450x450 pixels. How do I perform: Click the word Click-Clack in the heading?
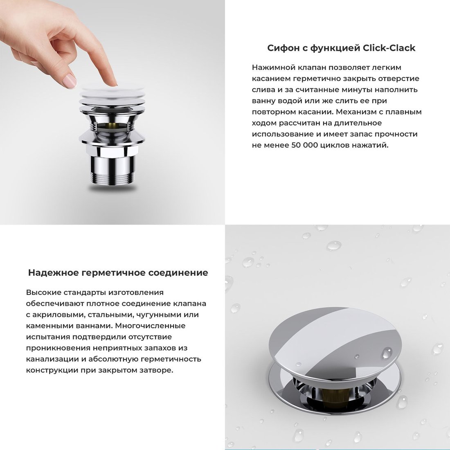389,48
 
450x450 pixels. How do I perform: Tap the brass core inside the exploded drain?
112,126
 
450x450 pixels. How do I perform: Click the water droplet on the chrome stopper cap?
387,353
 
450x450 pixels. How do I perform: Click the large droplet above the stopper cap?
334,246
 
